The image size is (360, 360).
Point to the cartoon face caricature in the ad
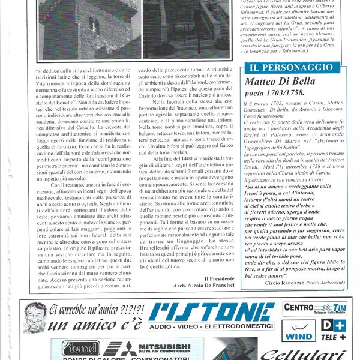(x=35, y=317)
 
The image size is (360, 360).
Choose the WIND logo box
(x=299, y=330)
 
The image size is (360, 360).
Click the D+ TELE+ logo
(x=334, y=329)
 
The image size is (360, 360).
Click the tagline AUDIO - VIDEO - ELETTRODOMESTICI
(x=212, y=326)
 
